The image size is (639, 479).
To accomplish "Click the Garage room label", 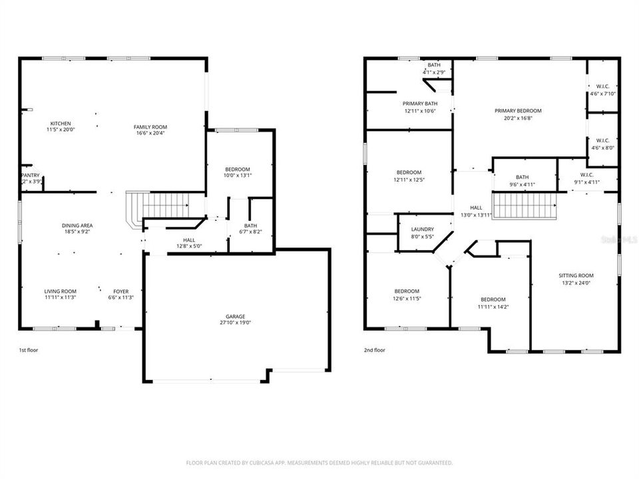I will (x=237, y=316).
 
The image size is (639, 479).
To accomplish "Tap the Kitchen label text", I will (x=61, y=124).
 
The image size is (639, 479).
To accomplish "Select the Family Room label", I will (x=150, y=127).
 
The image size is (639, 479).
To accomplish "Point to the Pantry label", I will (x=31, y=175).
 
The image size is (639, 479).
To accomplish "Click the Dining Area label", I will (x=77, y=226).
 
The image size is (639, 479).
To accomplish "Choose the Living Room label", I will (x=61, y=291).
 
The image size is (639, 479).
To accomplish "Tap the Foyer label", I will (x=121, y=291).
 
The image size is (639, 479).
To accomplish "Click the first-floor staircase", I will (x=164, y=205).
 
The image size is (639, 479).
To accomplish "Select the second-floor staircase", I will (x=524, y=205).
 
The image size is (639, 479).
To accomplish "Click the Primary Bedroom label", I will (x=518, y=110).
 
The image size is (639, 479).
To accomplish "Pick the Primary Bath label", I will (x=420, y=103).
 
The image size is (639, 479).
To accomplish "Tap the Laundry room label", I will (x=423, y=229).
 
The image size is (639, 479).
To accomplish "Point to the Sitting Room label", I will (x=576, y=275).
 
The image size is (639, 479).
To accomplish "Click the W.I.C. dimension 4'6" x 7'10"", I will (x=603, y=94).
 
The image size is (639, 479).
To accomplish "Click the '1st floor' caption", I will (x=29, y=349).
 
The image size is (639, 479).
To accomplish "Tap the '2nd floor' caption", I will (x=375, y=349).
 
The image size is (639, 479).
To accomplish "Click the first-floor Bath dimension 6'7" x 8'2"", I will (x=250, y=232).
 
